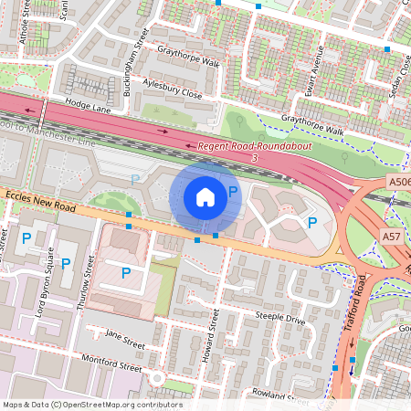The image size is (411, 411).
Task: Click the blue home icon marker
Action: pos(205,197)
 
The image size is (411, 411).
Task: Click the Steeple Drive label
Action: pos(280,321)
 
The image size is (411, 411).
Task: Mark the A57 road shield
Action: pos(392,237)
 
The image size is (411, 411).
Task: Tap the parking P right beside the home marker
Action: pos(234,191)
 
